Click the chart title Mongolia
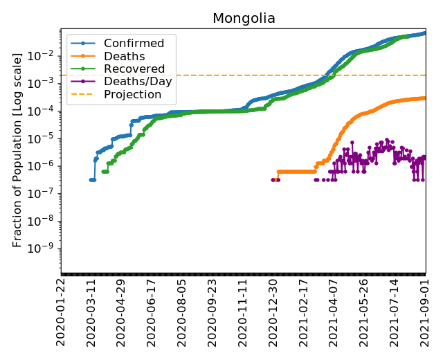(244, 19)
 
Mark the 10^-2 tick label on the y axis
(46, 55)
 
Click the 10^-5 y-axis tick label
(46, 138)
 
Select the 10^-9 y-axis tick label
(46, 249)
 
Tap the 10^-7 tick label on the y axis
(46, 194)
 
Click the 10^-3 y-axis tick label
(46, 83)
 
